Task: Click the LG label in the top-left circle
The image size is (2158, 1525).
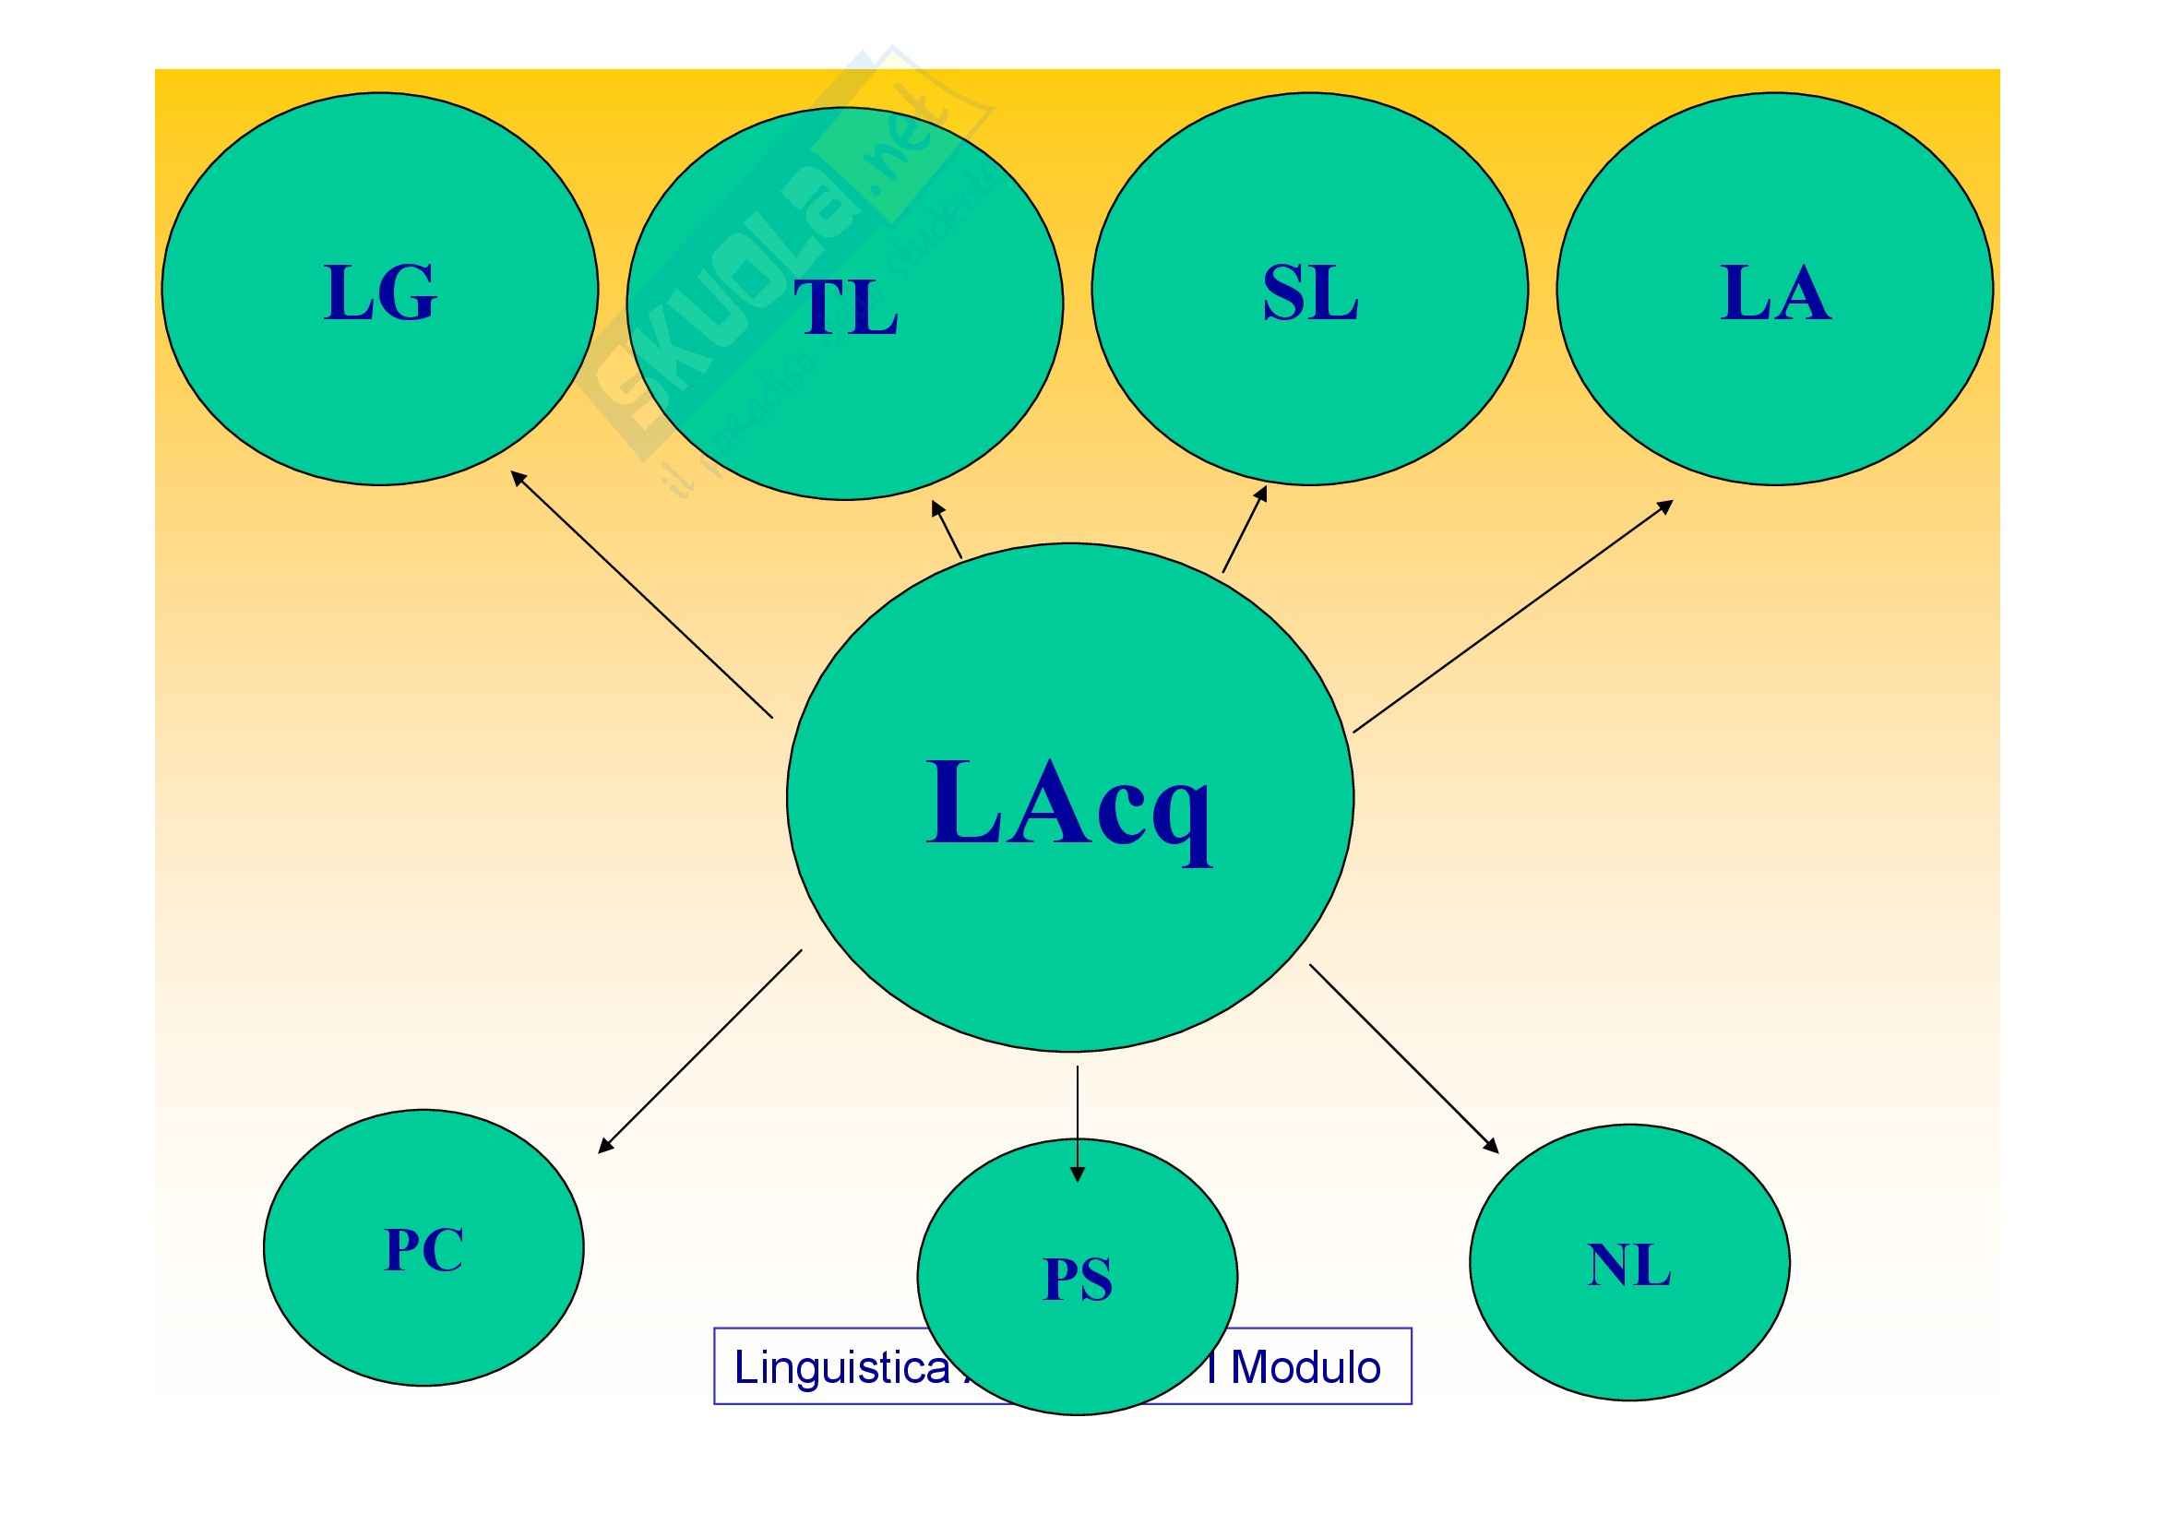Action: pos(381,293)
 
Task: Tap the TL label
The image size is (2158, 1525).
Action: pos(846,308)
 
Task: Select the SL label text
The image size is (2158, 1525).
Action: pos(1309,293)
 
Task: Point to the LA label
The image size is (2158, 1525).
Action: pos(1775,293)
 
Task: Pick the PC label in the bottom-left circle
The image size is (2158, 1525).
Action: pos(423,1251)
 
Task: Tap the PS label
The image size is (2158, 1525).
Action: pos(1078,1280)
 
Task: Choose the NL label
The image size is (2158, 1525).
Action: pos(1628,1266)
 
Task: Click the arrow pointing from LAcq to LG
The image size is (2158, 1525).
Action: pos(641,594)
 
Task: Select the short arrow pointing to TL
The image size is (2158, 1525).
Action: pos(947,530)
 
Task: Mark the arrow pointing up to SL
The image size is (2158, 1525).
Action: pos(1245,529)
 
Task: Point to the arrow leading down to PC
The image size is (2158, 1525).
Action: pos(700,1052)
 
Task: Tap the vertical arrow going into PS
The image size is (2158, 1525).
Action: pos(1078,1123)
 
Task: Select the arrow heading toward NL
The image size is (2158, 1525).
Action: pos(1403,1058)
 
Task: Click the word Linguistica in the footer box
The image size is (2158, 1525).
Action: pos(841,1368)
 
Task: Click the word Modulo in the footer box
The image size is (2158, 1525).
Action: pos(1306,1368)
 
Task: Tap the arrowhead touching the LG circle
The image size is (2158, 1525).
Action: pos(518,478)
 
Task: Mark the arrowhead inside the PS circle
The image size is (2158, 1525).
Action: pos(1078,1174)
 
